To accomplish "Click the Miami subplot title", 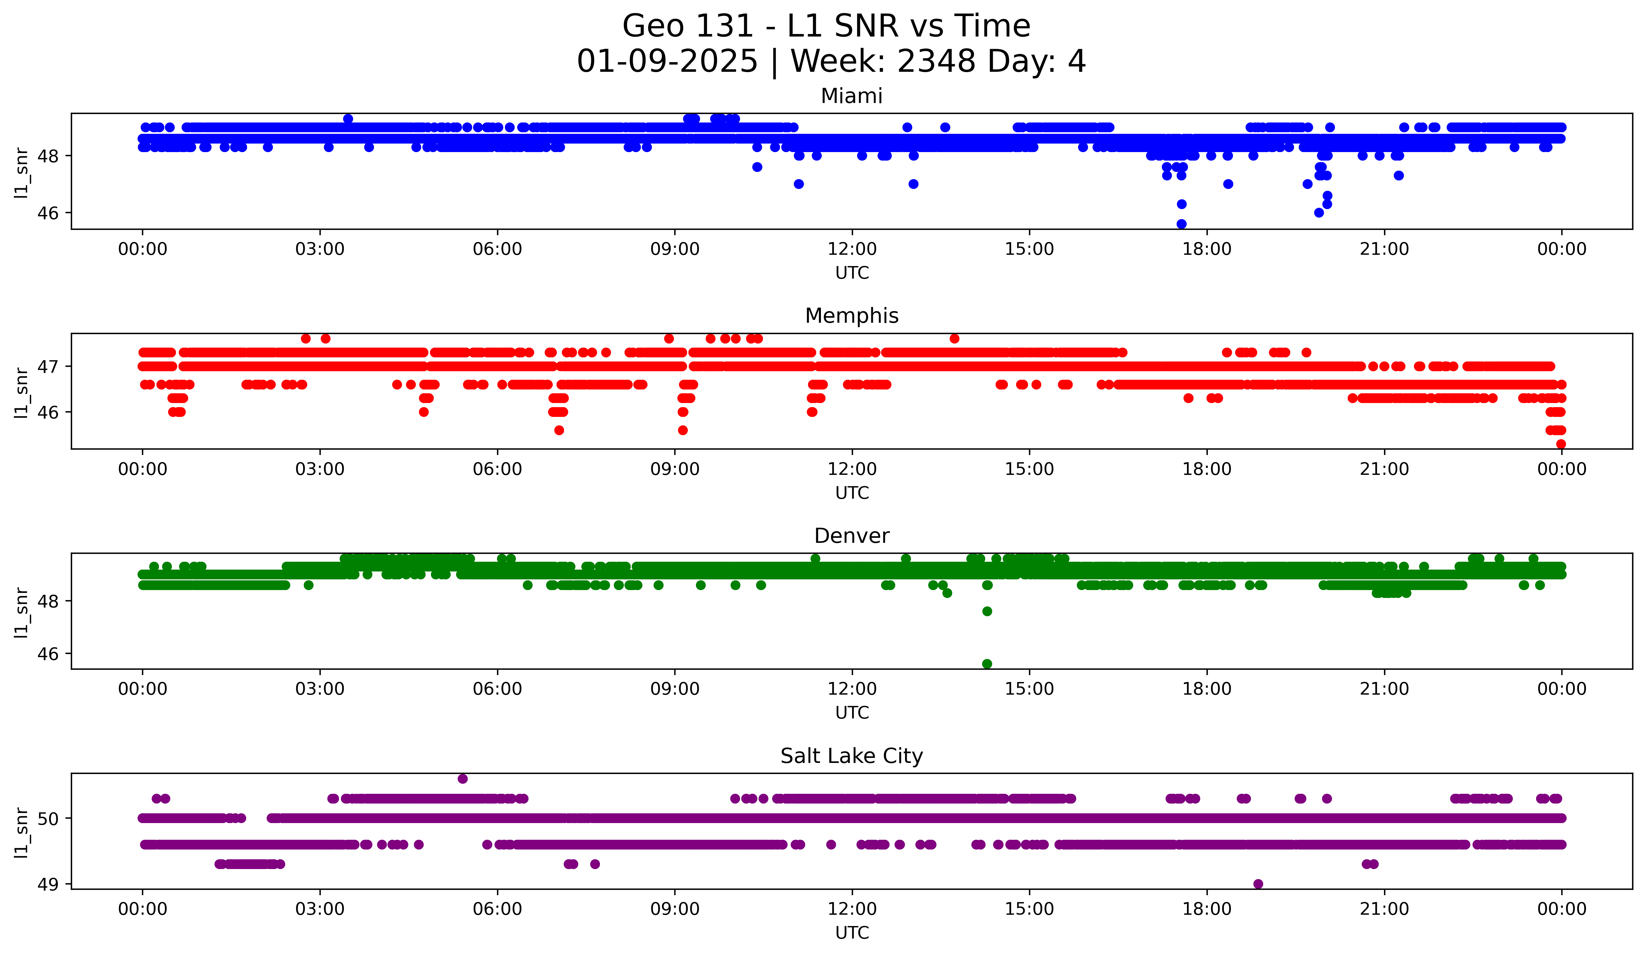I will pyautogui.click(x=851, y=97).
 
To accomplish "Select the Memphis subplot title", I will pyautogui.click(x=851, y=316).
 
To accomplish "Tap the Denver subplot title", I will pyautogui.click(x=851, y=536).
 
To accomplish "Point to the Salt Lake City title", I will pyautogui.click(x=851, y=756).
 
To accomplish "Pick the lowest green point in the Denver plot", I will pyautogui.click(x=987, y=664).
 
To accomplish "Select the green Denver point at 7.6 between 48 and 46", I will pyautogui.click(x=987, y=611).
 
